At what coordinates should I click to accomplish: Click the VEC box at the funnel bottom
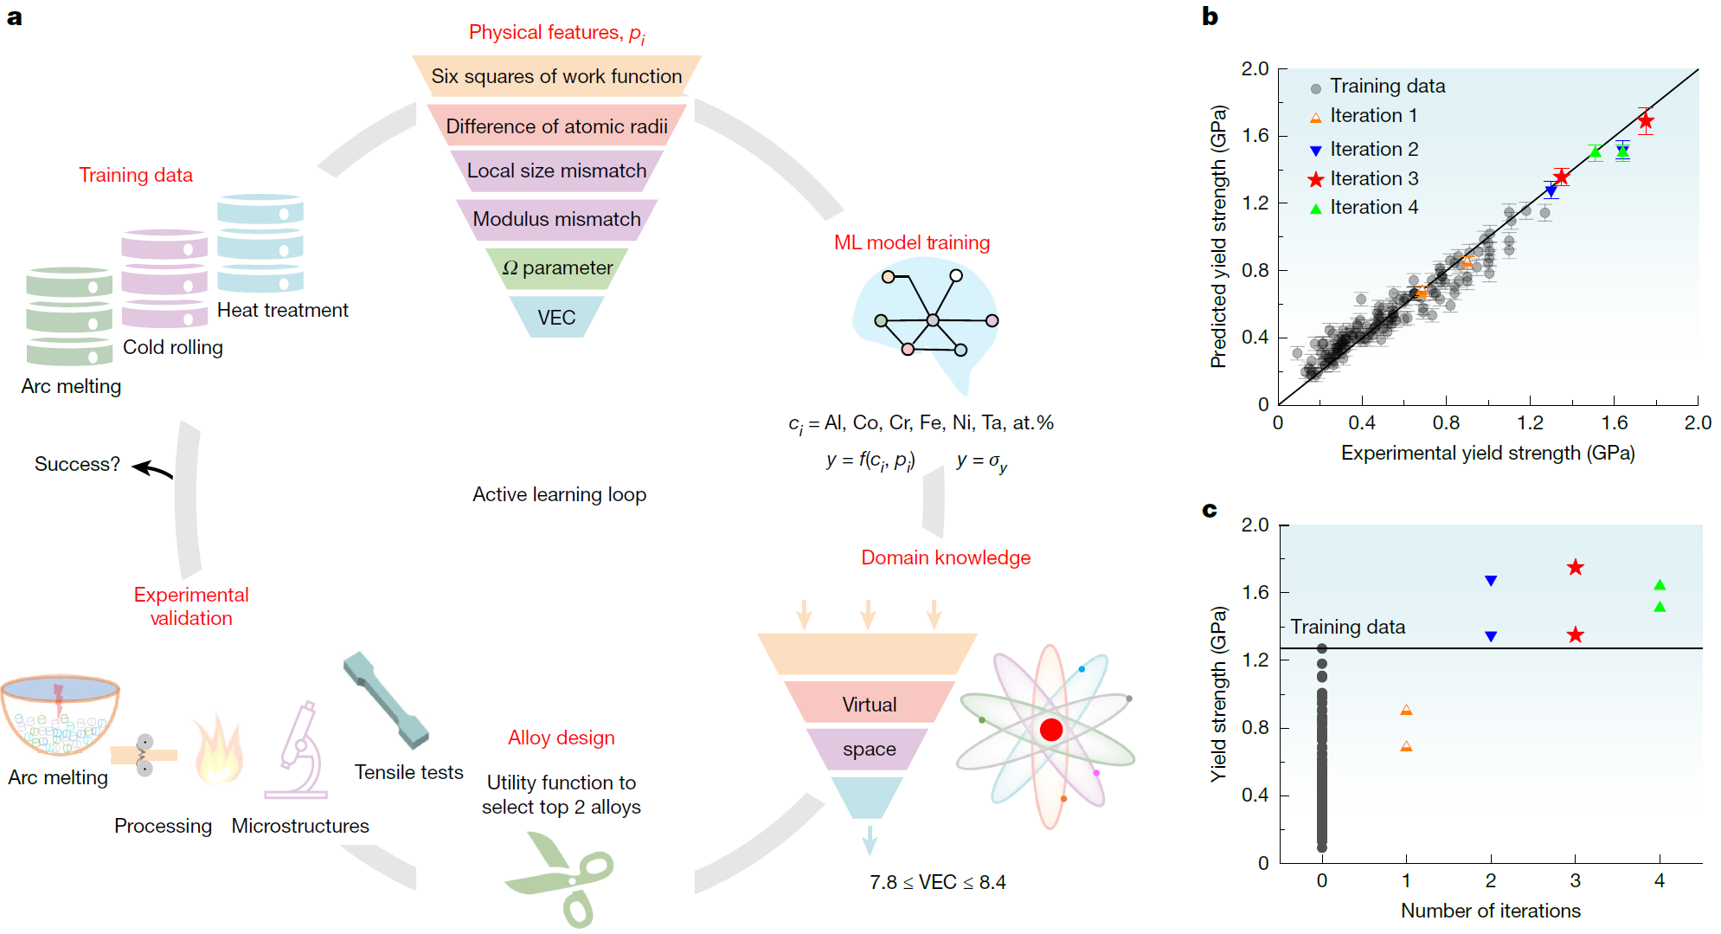556,317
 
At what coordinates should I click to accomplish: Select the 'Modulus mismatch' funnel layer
556,219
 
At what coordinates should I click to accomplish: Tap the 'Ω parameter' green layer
556,268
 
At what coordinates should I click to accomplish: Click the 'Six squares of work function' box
556,76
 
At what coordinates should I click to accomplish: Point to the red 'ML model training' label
911,242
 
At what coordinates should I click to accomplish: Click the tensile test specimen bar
385,699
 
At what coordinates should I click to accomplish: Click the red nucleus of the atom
1050,730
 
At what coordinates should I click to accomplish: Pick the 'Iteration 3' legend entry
1364,178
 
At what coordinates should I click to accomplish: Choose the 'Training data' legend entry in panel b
1377,86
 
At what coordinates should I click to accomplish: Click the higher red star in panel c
1575,567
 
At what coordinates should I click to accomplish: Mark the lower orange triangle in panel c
1406,746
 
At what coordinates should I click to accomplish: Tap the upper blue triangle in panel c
1490,581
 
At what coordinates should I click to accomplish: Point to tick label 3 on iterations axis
1575,880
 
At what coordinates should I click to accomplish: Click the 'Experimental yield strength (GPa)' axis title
1487,453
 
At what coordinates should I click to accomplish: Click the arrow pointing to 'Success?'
153,469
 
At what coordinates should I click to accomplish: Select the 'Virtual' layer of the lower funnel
869,704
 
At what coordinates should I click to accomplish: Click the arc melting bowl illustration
59,716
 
